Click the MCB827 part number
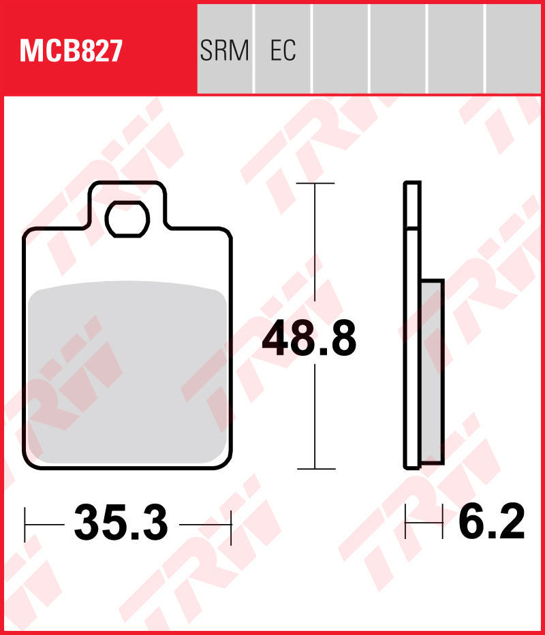click(71, 51)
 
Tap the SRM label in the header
click(224, 50)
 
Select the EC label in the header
click(283, 50)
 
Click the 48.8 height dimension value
click(309, 338)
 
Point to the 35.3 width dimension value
click(121, 523)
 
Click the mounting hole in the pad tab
click(127, 219)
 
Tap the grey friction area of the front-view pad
click(127, 372)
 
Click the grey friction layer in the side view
click(433, 372)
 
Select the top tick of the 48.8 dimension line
click(315, 184)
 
